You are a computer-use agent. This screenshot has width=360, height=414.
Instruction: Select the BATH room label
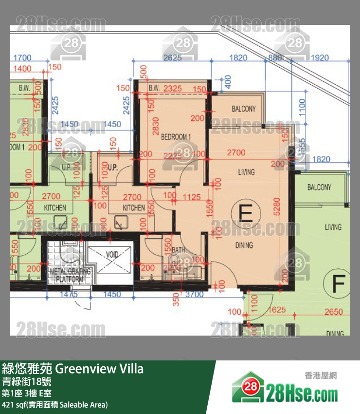[x=179, y=250]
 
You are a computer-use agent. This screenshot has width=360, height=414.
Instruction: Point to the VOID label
[x=112, y=254]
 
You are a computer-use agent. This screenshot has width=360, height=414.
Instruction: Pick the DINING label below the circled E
[x=244, y=245]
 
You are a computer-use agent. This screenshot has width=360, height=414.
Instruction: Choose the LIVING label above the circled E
[x=246, y=172]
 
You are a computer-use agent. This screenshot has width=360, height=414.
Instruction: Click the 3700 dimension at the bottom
[x=195, y=294]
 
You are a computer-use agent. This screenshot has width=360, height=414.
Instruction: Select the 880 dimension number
[x=275, y=57]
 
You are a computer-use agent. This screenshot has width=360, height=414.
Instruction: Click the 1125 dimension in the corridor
[x=192, y=197]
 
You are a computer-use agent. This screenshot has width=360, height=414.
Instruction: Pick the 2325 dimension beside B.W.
[x=173, y=88]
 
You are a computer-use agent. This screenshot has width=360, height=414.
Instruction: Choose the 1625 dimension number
[x=277, y=309]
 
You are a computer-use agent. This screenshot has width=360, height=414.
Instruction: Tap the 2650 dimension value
[x=333, y=312]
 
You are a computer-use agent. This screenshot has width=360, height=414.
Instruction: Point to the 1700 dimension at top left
[x=22, y=57]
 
